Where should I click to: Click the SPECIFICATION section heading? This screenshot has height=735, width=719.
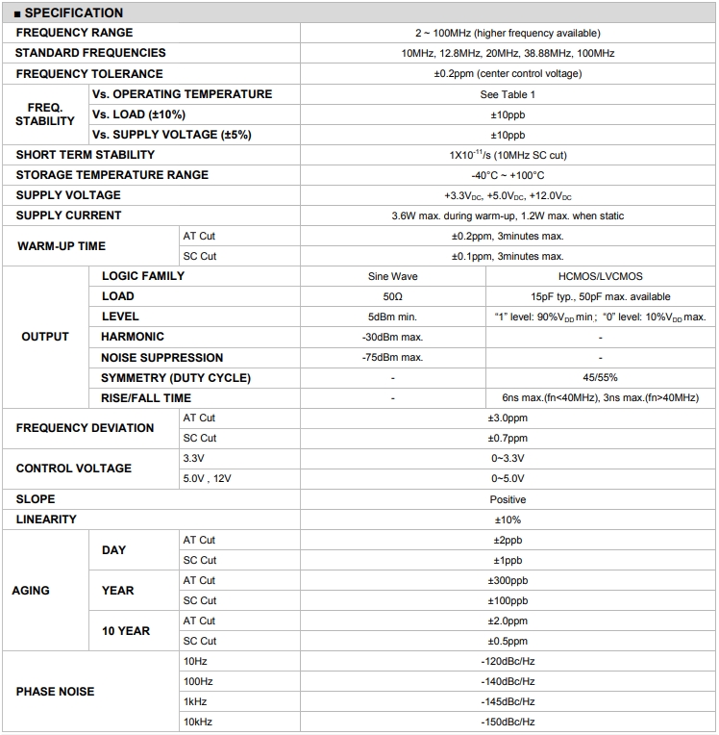69,13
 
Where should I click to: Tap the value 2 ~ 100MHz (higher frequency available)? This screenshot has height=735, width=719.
508,34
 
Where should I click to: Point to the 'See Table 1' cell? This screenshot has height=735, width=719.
508,94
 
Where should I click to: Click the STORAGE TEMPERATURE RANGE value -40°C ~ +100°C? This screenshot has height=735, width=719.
508,175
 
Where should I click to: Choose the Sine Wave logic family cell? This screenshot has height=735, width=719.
392,276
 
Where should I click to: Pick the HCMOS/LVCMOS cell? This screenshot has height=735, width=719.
600,276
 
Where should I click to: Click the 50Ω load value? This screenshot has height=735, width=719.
392,296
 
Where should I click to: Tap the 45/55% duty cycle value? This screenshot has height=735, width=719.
600,378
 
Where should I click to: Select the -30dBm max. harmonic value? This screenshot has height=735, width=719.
392,337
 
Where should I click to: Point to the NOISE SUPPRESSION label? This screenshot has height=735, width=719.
161,358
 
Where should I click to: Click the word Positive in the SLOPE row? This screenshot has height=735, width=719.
508,499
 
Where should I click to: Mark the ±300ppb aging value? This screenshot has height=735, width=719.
508,581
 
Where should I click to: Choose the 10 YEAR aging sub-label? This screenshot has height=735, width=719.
126,631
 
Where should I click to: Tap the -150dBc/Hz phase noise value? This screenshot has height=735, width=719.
508,722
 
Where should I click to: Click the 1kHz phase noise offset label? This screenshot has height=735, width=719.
194,702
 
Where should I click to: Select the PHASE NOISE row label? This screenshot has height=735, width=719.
55,692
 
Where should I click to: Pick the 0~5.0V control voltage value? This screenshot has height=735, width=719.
508,478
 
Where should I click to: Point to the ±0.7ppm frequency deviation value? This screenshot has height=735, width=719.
508,439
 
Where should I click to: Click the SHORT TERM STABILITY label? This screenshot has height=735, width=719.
85,155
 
